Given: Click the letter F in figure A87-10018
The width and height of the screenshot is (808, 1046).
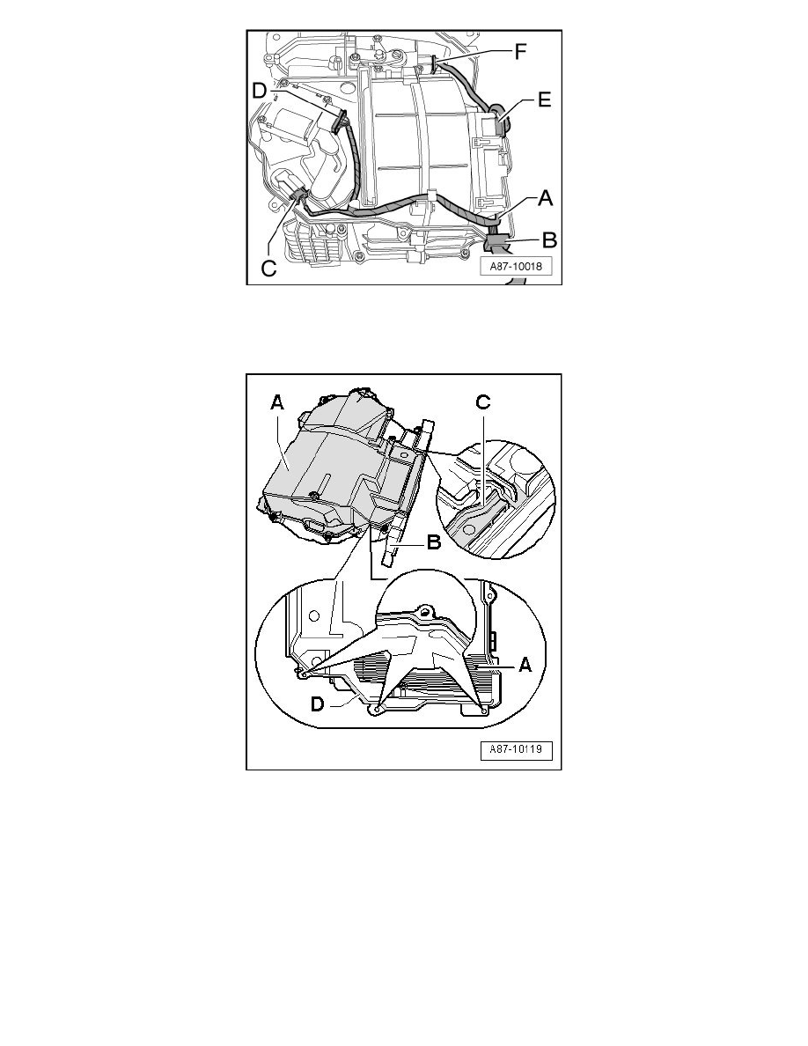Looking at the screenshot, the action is tap(521, 51).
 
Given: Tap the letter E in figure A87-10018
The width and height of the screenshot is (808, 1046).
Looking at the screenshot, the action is tap(545, 100).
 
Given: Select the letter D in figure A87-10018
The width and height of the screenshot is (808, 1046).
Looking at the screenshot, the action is tap(260, 90).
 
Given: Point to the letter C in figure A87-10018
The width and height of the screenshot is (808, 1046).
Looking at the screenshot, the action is tap(268, 269).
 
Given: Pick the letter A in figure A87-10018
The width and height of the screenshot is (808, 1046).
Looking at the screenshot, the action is tap(546, 198).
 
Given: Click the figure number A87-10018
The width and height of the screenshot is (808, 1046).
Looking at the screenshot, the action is tap(516, 266).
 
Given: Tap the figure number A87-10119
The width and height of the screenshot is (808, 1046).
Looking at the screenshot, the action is tap(516, 749).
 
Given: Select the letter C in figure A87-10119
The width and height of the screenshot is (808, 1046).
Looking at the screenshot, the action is tap(482, 401).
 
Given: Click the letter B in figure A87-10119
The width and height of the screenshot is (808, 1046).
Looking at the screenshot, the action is tap(433, 542).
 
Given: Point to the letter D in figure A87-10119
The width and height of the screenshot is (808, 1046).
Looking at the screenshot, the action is tap(319, 703).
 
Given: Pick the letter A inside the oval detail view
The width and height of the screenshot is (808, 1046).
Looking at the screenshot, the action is tap(525, 665).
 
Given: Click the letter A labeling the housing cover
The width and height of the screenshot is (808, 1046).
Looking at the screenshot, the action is tap(277, 402).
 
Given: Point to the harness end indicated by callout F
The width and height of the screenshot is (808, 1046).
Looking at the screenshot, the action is tap(436, 63).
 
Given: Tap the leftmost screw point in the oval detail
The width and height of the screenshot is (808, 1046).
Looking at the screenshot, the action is tap(303, 674).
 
